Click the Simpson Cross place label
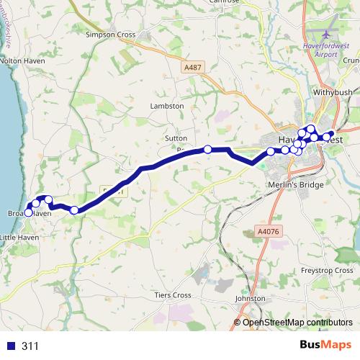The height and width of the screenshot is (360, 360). coord(110,34)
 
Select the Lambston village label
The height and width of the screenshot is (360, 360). coord(167,106)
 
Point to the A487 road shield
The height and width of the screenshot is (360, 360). coord(193,67)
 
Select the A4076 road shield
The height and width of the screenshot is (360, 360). coord(266,232)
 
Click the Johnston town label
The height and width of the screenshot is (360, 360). coord(251,299)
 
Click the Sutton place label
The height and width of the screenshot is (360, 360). coord(176,137)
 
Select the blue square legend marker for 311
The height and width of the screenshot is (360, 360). coord(9,346)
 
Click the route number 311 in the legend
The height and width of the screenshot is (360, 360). coord(30,346)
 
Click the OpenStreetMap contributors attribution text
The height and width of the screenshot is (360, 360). coord(298,322)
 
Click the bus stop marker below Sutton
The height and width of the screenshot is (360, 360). coord(207,149)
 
